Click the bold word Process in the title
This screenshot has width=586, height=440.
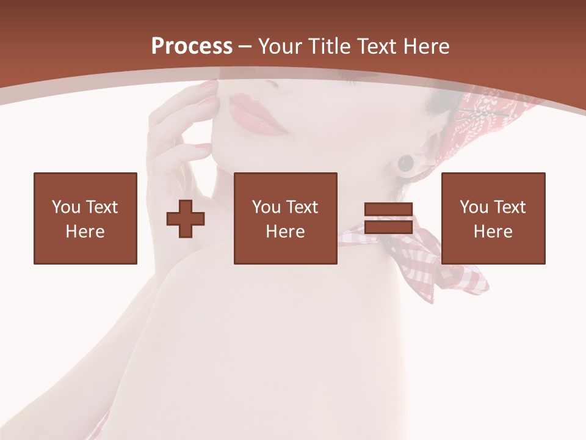click(192, 46)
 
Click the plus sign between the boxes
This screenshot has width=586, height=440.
click(186, 219)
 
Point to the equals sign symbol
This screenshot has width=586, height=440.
click(388, 218)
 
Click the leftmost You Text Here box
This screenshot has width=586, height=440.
click(85, 218)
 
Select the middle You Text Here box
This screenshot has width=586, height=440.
click(286, 218)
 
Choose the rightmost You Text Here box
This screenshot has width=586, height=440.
click(493, 218)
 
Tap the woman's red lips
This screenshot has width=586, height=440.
click(256, 114)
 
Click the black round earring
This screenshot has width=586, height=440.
click(405, 163)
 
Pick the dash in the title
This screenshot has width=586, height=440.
click(245, 46)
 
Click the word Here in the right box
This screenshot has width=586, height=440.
click(493, 232)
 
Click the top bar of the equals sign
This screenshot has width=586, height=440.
click(388, 210)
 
